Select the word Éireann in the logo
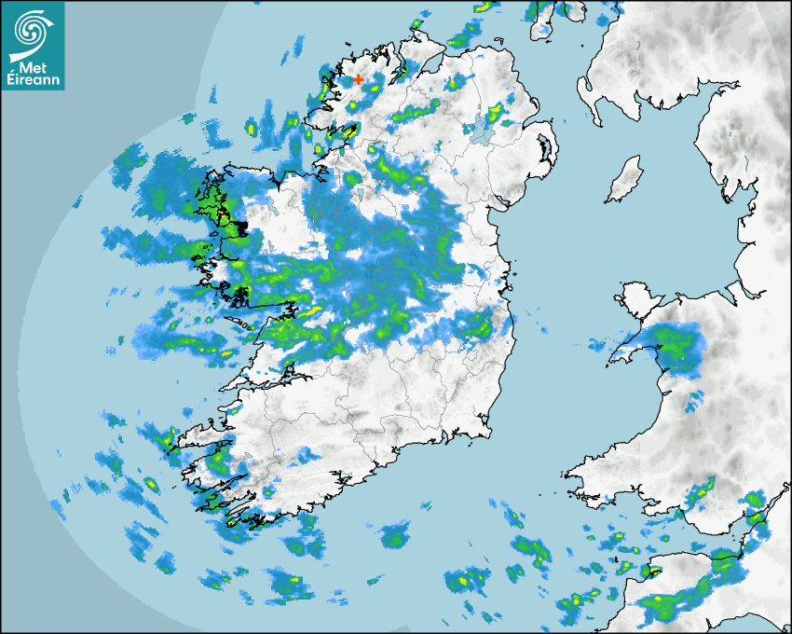coord(33,80)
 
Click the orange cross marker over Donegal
coord(358,80)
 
